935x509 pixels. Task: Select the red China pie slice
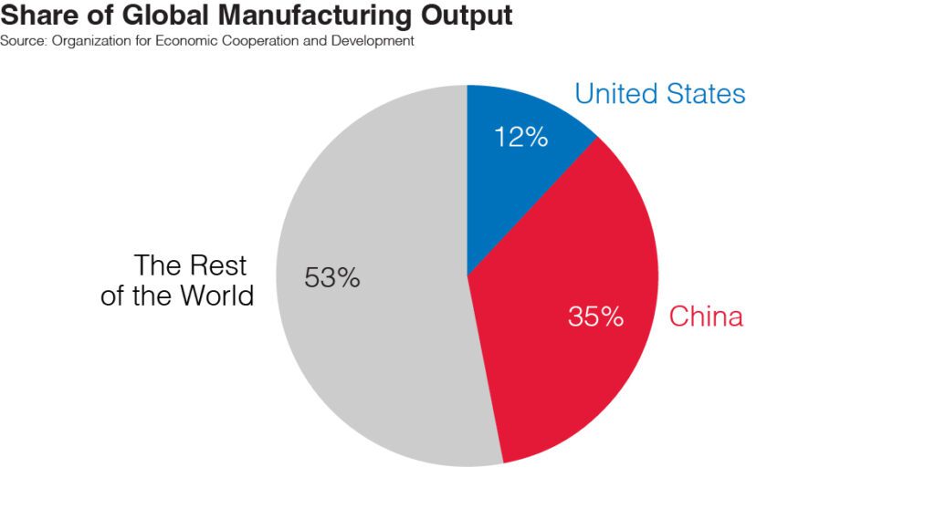[566, 274]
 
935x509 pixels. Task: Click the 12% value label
[520, 137]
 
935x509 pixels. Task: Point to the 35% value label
[595, 317]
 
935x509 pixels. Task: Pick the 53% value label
[332, 278]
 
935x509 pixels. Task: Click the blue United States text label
[659, 93]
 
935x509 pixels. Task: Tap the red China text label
[706, 317]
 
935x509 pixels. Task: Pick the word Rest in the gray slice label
[218, 265]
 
